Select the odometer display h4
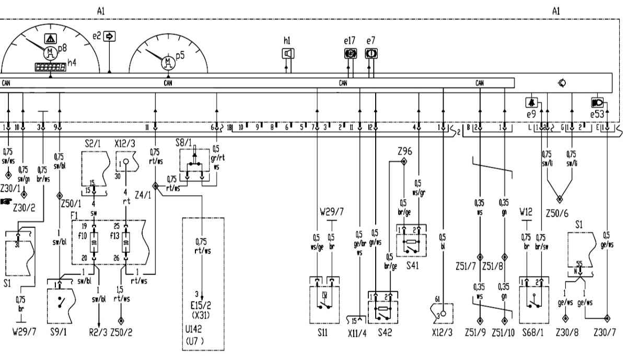coord(50,67)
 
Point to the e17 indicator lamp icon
coord(350,53)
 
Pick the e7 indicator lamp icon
coord(371,53)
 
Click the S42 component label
coord(385,332)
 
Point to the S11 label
coord(322,331)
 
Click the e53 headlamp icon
coord(596,102)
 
